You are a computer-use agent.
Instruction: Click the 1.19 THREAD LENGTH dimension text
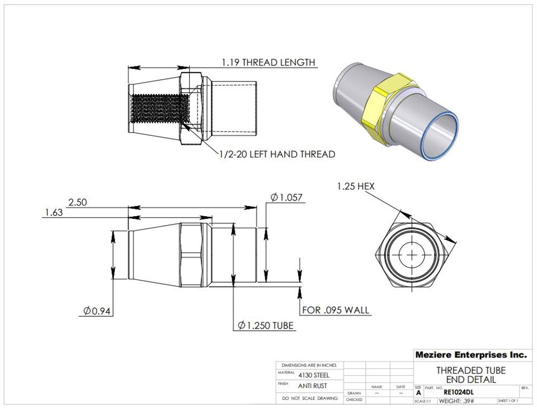(x=268, y=62)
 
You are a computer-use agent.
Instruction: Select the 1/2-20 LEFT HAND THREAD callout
(x=276, y=154)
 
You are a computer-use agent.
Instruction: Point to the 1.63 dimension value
(x=54, y=212)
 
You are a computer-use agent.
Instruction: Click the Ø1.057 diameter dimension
(x=286, y=197)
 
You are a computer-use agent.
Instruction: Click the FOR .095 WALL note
(x=336, y=310)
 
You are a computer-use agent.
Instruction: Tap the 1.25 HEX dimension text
(x=355, y=186)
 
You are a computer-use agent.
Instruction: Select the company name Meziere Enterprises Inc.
(x=470, y=354)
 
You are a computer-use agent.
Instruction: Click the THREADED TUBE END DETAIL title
(x=470, y=375)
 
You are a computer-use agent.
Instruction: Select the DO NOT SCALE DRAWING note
(x=310, y=398)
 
